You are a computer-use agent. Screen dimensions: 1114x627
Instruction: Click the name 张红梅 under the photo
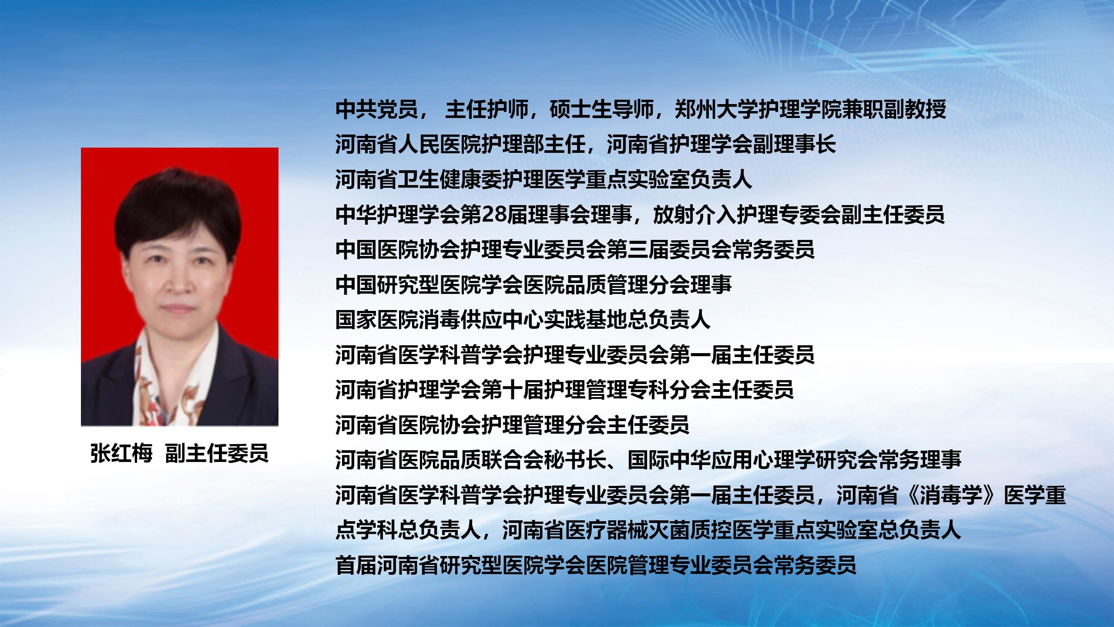click(x=122, y=453)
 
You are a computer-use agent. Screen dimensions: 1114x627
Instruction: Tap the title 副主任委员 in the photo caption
click(x=217, y=453)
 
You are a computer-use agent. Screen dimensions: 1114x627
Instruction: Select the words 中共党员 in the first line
click(x=377, y=110)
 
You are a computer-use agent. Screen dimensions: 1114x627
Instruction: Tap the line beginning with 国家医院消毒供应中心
click(x=523, y=320)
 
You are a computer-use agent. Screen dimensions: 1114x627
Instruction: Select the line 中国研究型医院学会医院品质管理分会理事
click(x=534, y=285)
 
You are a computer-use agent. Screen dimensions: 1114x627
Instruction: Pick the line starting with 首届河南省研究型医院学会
click(x=596, y=565)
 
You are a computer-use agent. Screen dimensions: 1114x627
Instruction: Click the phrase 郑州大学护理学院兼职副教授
click(x=810, y=110)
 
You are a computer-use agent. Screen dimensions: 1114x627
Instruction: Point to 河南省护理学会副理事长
click(x=721, y=145)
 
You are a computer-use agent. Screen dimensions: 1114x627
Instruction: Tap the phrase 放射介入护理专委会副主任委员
click(x=799, y=214)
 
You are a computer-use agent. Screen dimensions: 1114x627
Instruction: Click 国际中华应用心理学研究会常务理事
click(x=794, y=460)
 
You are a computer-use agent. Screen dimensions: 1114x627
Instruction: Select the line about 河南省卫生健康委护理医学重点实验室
click(x=544, y=179)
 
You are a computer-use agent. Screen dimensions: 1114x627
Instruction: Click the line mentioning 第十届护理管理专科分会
click(x=565, y=390)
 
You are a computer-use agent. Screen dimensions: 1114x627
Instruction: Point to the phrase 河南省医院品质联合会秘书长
click(x=471, y=460)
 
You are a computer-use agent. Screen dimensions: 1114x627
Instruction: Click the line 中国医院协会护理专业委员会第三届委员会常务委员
click(x=575, y=249)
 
